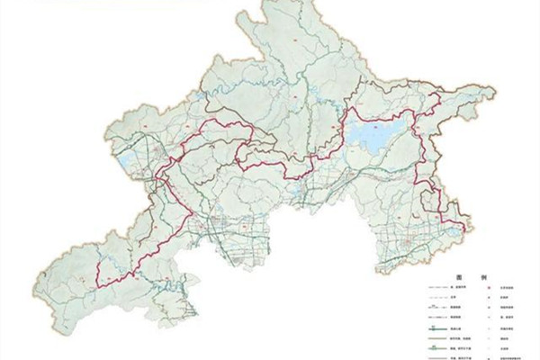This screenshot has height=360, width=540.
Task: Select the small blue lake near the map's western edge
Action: pyautogui.click(x=124, y=163)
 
